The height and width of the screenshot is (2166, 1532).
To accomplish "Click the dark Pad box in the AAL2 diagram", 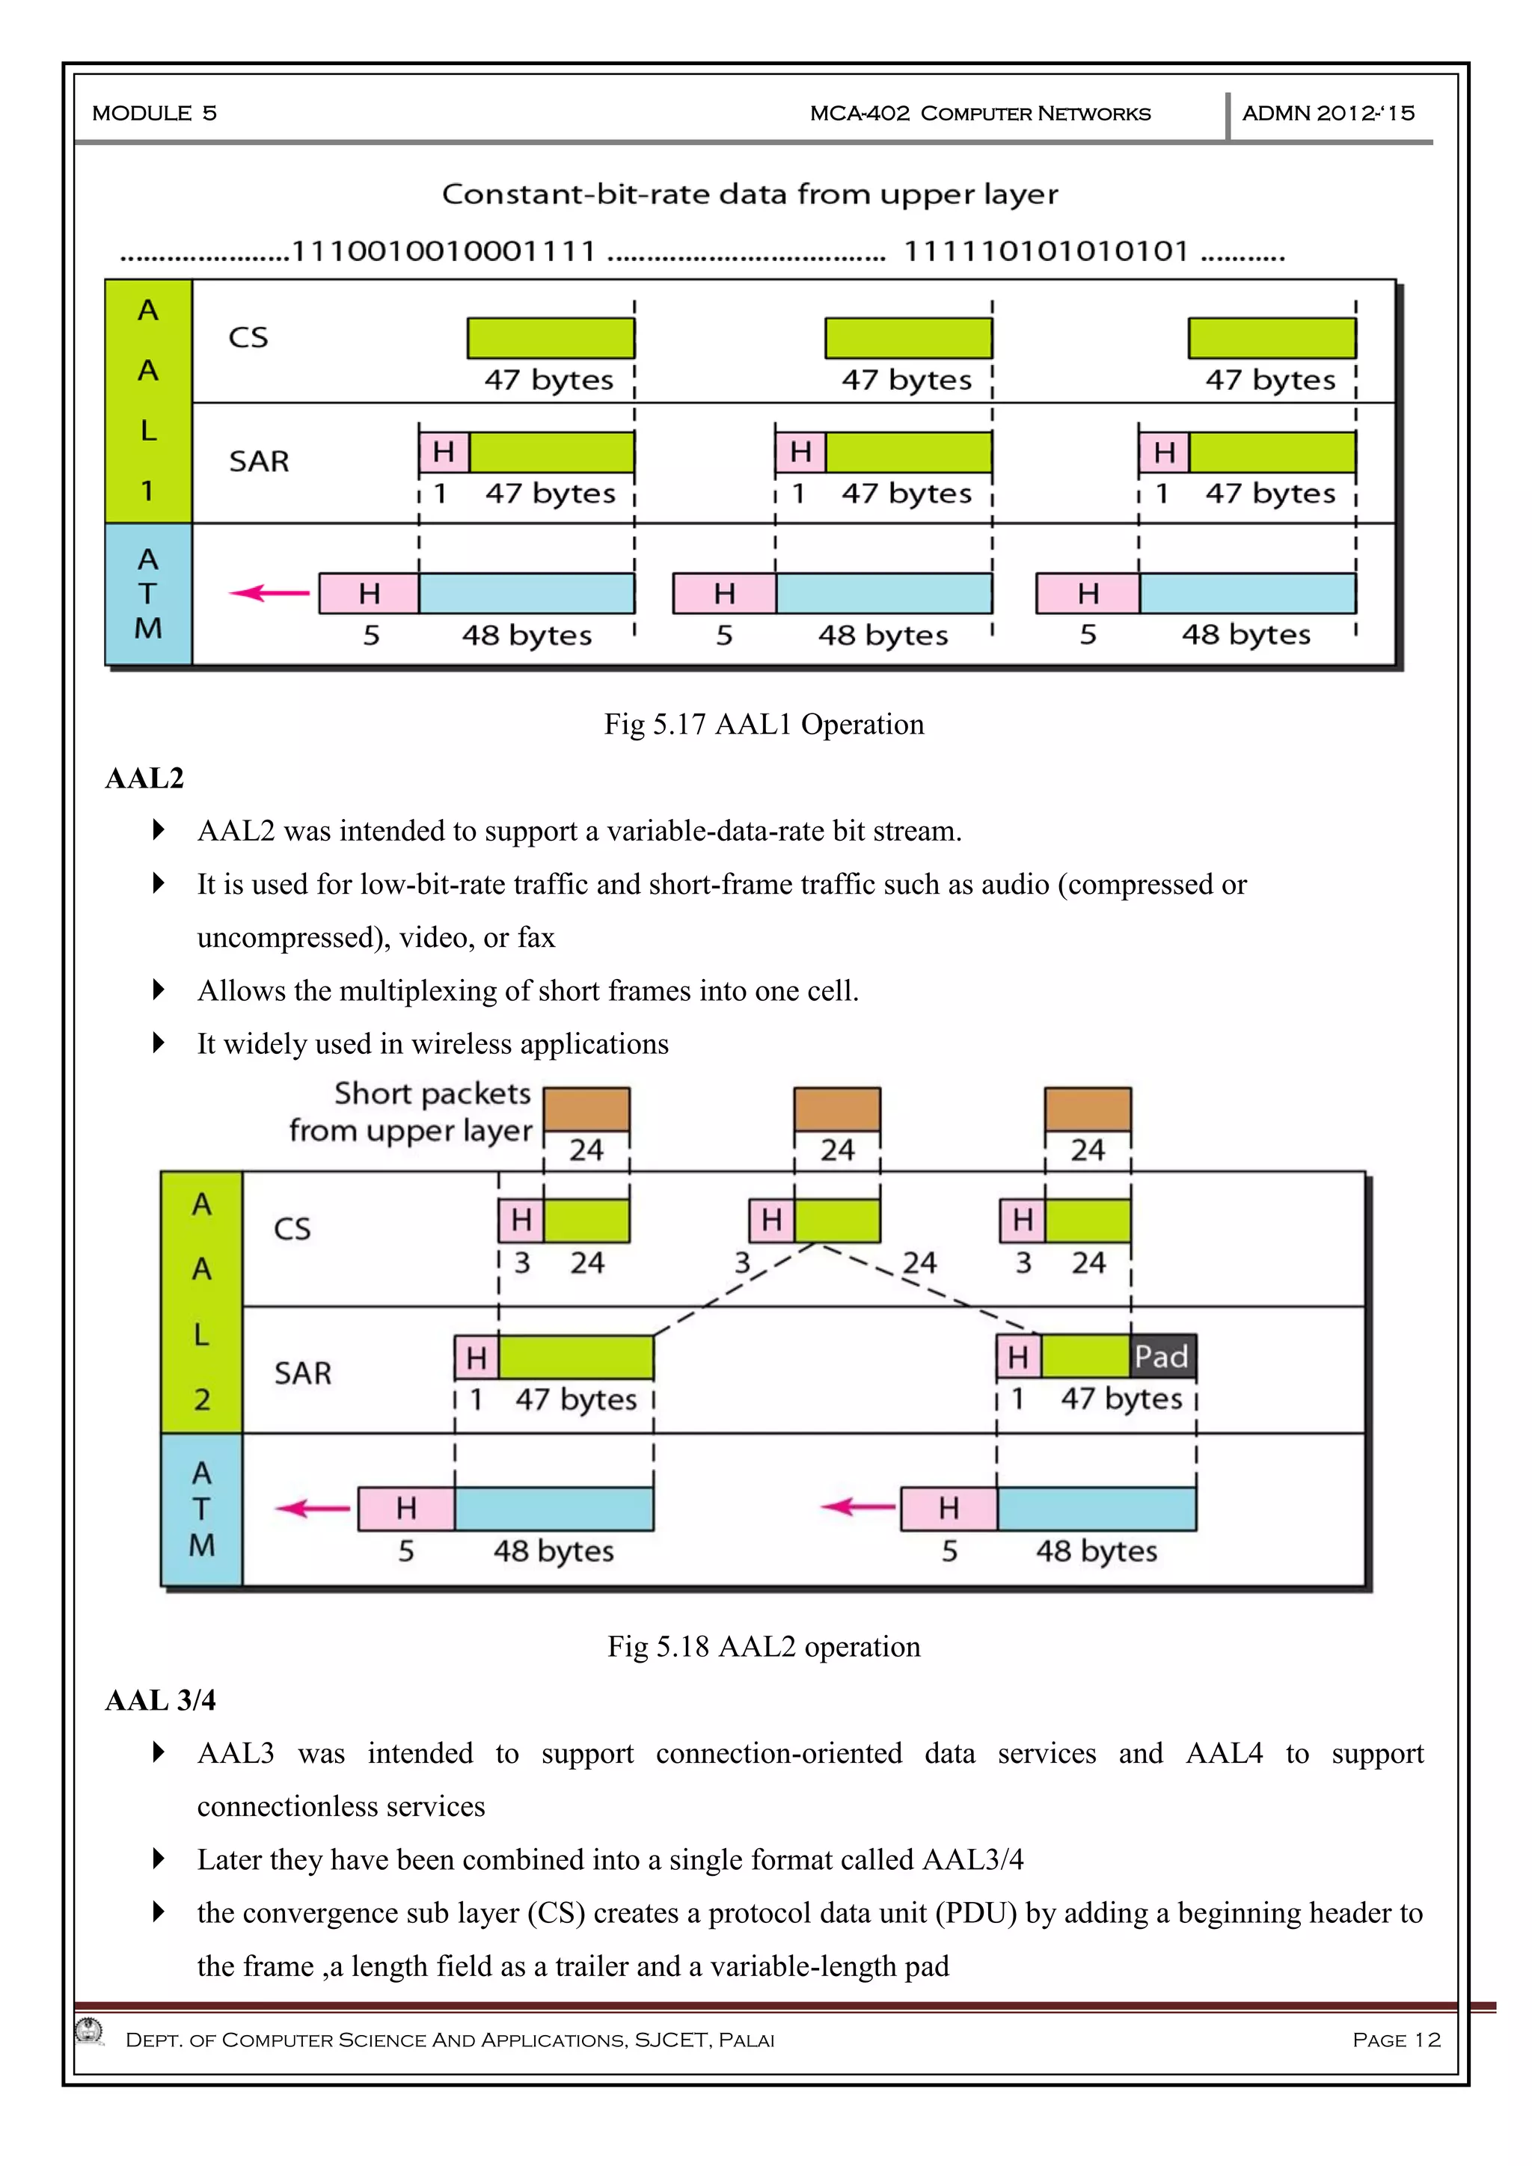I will (x=1162, y=1357).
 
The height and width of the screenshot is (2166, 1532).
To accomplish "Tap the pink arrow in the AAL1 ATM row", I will (x=270, y=593).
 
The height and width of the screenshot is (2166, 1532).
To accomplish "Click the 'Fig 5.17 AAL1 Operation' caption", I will (x=764, y=725).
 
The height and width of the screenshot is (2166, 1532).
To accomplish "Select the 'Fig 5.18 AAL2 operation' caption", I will (x=764, y=1646).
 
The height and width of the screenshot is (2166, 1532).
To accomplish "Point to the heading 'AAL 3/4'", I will (x=160, y=1700).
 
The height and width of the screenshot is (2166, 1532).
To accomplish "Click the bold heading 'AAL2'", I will (x=144, y=779).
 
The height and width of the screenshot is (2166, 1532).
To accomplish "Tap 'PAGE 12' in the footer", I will (x=1396, y=2040).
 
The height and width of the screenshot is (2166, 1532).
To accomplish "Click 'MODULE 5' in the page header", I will (x=155, y=113).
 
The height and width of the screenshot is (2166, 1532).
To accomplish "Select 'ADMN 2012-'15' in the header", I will (x=1329, y=113).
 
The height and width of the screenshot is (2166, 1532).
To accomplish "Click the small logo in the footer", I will (x=91, y=2030).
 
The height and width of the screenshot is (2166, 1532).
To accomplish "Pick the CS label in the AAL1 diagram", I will (x=248, y=338).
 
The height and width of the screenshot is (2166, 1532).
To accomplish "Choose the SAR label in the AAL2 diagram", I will (x=303, y=1372).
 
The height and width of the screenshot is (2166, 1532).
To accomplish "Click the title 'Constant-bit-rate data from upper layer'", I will (x=750, y=194).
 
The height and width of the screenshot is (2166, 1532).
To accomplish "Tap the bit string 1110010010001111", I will (x=444, y=252).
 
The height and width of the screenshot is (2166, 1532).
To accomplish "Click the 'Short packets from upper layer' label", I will (x=411, y=1111).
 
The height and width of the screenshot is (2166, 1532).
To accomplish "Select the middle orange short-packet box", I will (x=837, y=1109).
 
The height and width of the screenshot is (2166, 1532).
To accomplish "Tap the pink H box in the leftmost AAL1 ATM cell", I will (x=369, y=593).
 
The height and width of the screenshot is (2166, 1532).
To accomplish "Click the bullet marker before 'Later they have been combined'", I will (x=159, y=1859).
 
